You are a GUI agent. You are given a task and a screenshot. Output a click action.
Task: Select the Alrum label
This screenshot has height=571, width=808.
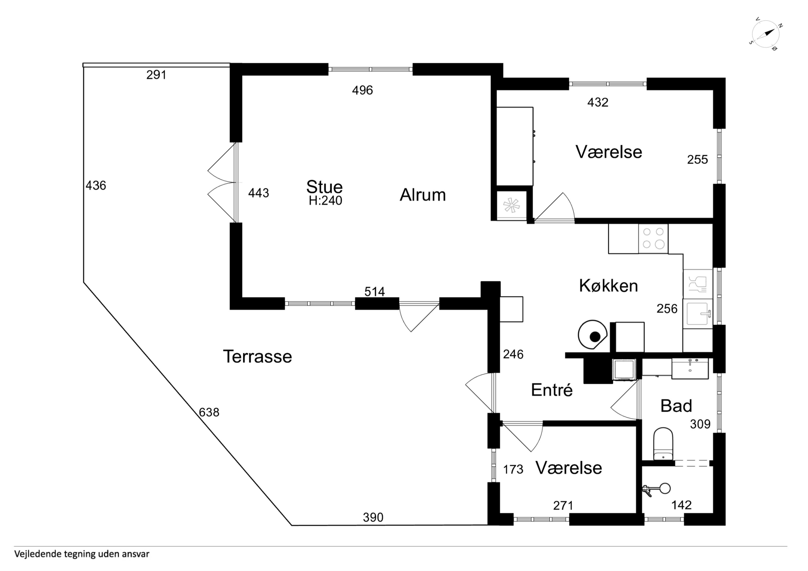423,195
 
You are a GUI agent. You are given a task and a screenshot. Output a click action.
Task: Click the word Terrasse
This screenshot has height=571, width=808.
258,356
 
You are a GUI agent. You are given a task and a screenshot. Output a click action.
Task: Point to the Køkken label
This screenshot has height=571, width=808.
608,285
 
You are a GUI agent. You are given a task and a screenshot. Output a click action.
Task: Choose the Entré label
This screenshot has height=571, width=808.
552,390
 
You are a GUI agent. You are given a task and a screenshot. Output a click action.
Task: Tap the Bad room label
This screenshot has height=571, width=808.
676,406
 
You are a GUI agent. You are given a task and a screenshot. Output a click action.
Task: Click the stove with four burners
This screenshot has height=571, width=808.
653,238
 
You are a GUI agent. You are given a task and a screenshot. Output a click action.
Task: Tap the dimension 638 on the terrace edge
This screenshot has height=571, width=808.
209,412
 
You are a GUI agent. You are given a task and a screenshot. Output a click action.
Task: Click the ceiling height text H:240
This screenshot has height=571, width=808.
326,201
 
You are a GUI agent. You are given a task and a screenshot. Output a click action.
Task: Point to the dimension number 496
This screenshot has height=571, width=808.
363,90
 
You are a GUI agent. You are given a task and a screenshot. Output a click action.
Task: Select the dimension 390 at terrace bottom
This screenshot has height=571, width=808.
373,517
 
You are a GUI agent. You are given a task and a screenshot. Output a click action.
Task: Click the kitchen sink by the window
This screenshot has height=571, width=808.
697,314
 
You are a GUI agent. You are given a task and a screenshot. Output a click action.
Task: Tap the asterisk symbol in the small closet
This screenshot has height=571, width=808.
511,205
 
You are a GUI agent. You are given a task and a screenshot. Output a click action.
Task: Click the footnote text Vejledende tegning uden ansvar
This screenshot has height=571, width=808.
82,554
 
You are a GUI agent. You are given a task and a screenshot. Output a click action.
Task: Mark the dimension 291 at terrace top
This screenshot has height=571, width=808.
156,75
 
